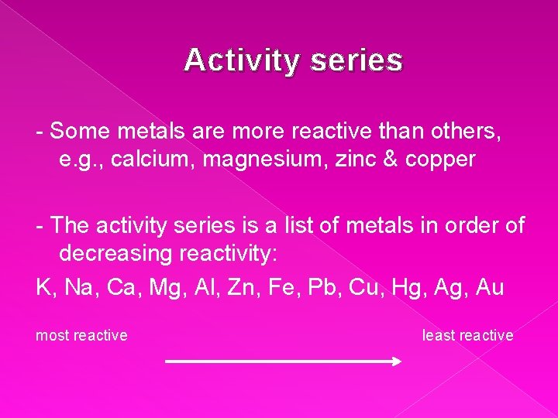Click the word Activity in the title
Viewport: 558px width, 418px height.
coord(240,60)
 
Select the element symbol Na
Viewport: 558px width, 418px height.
coord(78,288)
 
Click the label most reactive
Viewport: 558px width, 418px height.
coord(81,336)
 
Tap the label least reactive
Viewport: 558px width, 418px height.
coord(467,336)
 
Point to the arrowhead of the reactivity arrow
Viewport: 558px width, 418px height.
coord(396,361)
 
